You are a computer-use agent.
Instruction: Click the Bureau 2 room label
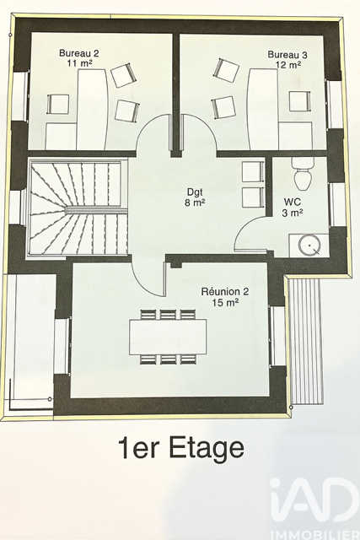78,53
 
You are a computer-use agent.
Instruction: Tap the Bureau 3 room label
287,55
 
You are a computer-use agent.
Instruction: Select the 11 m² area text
79,63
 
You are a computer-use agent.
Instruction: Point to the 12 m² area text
288,64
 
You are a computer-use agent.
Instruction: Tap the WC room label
293,202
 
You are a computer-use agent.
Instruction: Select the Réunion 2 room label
225,292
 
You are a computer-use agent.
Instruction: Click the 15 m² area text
226,303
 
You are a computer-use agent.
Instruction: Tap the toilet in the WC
303,173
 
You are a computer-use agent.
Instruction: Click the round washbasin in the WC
309,245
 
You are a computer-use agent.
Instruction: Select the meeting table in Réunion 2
168,337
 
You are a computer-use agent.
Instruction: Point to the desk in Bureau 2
92,109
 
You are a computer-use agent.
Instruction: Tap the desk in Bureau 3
263,109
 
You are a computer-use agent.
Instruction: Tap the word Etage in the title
207,448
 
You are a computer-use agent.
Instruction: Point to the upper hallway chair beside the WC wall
253,171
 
